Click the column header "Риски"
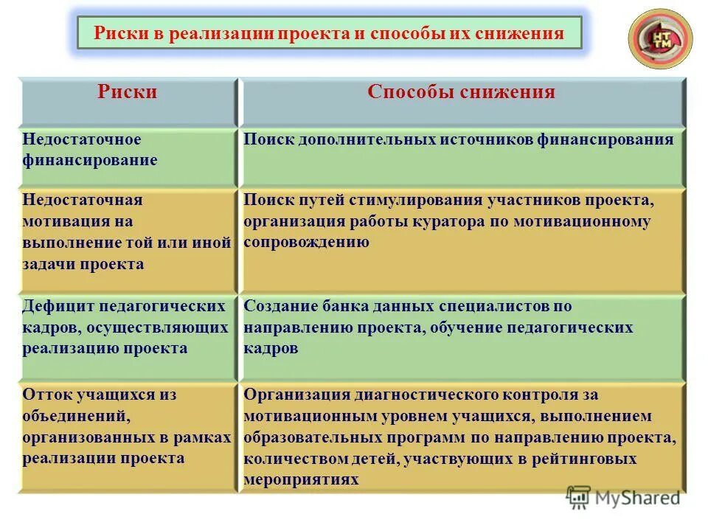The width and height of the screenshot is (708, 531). coord(128,92)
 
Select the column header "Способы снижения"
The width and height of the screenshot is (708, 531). coord(461,92)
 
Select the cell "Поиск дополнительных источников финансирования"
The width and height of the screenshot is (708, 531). coord(458,139)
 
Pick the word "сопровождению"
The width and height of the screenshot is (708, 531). coord(306,242)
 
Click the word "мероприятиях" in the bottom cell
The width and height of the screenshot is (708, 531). coord(301,479)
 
